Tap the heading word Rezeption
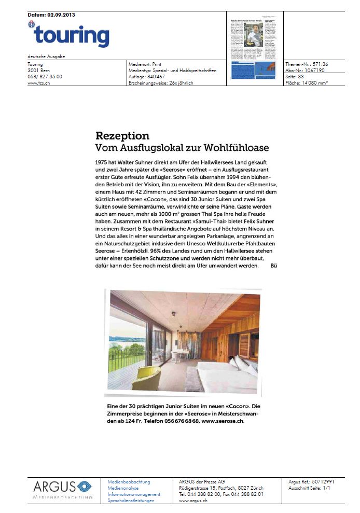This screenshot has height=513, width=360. [122, 136]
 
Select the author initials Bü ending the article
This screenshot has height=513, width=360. [275, 266]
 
